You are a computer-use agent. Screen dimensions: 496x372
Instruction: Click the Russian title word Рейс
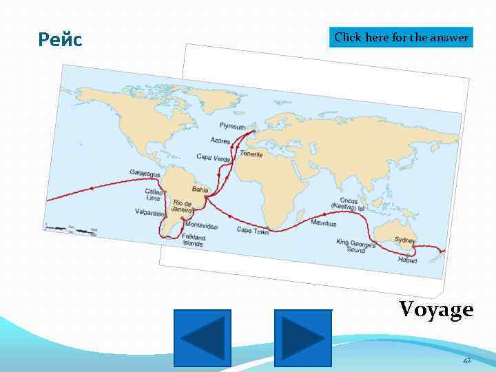pos(61,40)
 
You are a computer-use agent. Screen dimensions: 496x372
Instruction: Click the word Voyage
pos(437,309)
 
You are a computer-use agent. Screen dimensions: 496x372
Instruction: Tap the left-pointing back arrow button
pos(202,338)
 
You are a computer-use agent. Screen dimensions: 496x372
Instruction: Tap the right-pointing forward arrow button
pos(303,338)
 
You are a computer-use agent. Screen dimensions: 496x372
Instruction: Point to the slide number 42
pos(466,360)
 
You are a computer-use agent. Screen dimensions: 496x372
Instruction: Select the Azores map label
pos(220,141)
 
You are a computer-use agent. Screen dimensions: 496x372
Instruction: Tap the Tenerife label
pos(251,154)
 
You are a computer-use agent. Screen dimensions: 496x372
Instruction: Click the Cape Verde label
pos(213,158)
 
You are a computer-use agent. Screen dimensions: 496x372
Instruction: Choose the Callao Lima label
pos(153,194)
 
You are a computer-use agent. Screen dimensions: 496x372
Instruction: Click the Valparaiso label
pos(149,213)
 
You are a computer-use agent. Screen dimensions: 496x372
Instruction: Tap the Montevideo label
pos(201,226)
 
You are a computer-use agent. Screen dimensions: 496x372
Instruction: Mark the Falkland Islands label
pos(194,240)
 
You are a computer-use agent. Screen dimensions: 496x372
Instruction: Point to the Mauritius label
pos(323,223)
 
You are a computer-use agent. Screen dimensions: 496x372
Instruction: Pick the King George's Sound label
pos(355,245)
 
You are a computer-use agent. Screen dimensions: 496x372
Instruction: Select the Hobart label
pos(407,260)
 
